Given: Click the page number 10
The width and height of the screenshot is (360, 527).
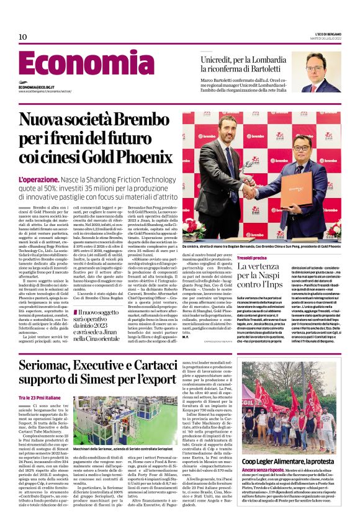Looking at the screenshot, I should [23, 37].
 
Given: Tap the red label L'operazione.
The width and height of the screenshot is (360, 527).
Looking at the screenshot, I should [39, 179].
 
